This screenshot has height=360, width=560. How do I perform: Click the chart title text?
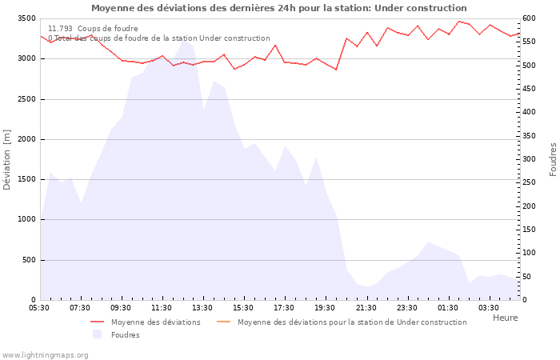pos(278,8)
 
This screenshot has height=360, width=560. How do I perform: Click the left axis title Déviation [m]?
pos(7,159)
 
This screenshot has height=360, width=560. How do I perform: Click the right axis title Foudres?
pos(553,159)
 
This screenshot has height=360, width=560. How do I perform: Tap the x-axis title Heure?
pos(505,318)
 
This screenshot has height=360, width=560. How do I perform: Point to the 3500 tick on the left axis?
pos(26,18)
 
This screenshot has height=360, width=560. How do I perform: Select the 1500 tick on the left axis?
pos(26,179)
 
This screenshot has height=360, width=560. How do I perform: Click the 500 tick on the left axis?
pos(28,260)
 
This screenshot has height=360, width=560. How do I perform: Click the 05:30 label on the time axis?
pos(39,308)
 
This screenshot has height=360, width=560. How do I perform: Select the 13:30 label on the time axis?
pos(202,308)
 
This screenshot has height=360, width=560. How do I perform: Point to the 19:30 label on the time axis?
pos(325,308)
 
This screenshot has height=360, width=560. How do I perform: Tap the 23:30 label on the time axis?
pos(406,308)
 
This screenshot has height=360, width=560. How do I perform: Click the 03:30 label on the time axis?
pos(488,308)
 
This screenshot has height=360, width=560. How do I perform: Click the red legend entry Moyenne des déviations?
pos(155,322)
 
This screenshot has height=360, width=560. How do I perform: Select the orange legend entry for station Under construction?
pos(351,322)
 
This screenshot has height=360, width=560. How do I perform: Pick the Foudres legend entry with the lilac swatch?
pos(125,335)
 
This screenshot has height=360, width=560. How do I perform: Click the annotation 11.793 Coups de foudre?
pos(93,29)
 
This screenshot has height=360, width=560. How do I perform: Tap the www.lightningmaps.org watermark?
pos(45,354)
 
